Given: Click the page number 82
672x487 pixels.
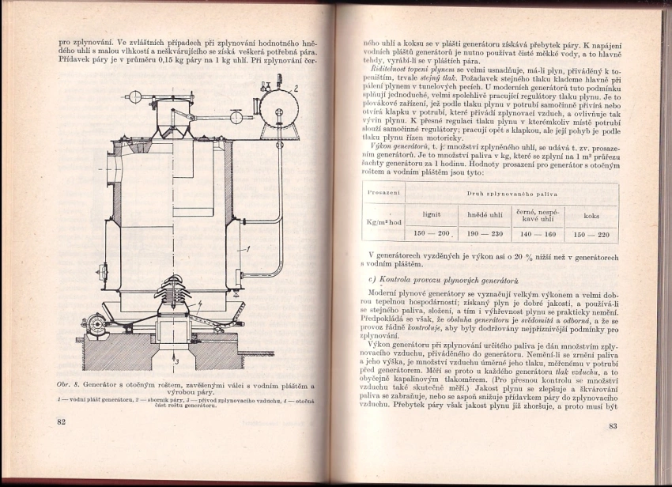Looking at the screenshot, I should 61,423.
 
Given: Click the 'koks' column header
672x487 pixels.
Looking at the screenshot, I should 591,214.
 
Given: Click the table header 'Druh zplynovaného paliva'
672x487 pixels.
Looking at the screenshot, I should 511,193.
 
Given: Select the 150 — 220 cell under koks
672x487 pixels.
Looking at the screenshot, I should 591,234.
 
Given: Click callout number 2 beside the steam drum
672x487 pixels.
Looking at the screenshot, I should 296,89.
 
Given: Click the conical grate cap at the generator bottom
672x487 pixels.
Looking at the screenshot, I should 176,300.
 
